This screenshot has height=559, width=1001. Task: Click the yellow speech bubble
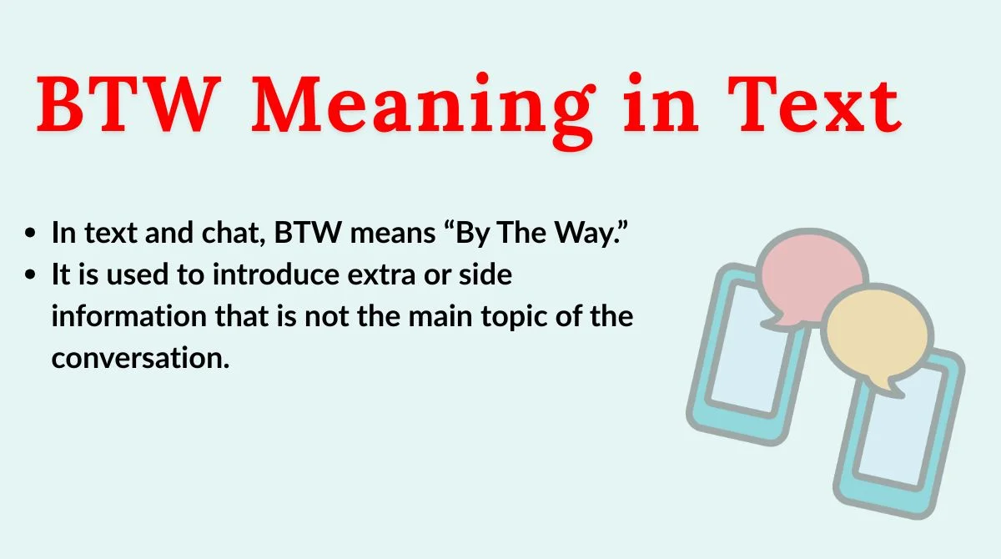(x=875, y=335)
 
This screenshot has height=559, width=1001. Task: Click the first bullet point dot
(x=31, y=234)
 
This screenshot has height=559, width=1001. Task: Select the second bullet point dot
(x=31, y=275)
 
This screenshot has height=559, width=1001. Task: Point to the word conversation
(x=139, y=359)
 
